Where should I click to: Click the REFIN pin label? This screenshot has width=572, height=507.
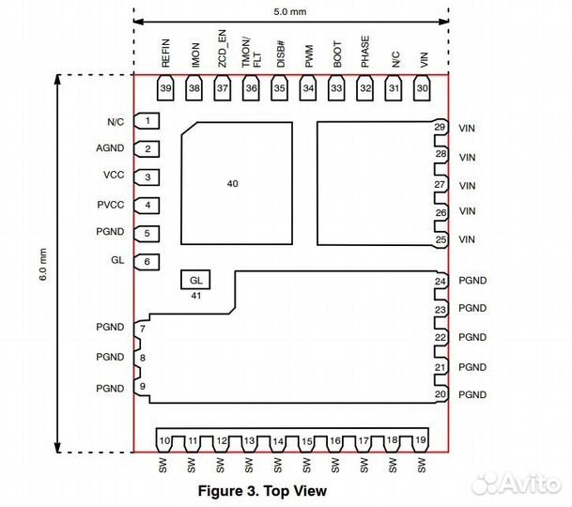(x=165, y=54)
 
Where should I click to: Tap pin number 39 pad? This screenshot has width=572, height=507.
(x=165, y=88)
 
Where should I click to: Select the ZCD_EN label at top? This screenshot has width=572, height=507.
(x=222, y=49)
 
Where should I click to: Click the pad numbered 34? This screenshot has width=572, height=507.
(x=308, y=88)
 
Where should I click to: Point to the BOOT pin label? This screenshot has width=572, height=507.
(x=337, y=54)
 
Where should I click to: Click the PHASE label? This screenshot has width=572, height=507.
(x=365, y=52)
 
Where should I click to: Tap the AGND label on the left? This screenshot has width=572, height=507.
(x=110, y=148)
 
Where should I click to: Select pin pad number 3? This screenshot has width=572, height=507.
(x=147, y=177)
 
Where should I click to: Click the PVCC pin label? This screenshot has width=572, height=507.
(x=111, y=205)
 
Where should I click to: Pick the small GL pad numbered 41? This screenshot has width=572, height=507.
(x=195, y=280)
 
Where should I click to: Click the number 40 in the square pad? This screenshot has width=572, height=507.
(x=233, y=183)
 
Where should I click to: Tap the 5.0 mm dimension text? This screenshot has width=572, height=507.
(x=290, y=11)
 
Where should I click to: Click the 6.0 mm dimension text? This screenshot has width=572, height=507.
(x=43, y=265)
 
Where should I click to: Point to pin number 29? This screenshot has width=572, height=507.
(x=440, y=127)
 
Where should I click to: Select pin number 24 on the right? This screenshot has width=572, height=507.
(x=441, y=282)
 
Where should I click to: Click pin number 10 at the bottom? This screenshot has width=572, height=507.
(x=164, y=440)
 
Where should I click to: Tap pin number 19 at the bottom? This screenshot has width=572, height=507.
(x=421, y=440)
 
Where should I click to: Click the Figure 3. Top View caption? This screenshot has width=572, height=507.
(x=262, y=491)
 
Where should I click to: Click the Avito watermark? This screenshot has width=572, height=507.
(x=517, y=484)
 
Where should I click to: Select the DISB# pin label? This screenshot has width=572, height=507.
(x=280, y=54)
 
